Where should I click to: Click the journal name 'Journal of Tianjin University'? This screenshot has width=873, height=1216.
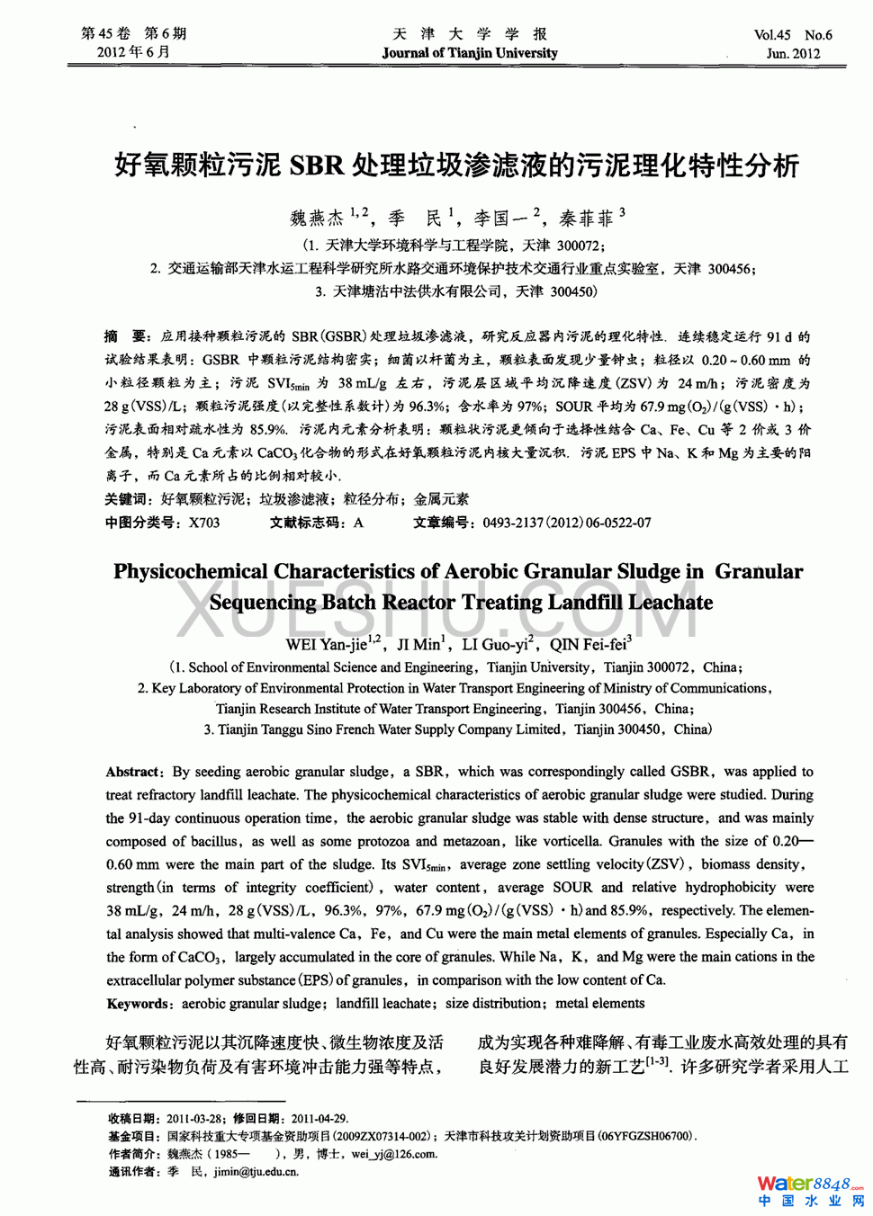point(469,53)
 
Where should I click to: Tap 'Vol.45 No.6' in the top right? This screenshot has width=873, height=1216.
point(792,35)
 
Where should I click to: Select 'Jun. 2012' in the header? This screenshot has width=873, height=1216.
point(793,53)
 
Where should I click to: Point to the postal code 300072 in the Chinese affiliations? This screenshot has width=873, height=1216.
point(579,246)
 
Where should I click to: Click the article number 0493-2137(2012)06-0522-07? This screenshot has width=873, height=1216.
point(567,523)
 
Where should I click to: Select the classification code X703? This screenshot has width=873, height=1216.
point(204,523)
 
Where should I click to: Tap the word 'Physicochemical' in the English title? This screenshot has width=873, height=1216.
point(190,572)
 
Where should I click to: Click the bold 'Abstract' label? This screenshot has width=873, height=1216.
point(132,772)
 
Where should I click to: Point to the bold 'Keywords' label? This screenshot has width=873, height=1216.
point(137,1004)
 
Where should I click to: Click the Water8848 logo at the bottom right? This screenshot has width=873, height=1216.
point(808,1185)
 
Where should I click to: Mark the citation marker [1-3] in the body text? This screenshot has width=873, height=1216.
point(657,1062)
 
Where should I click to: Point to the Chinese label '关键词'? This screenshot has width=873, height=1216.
point(125,499)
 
